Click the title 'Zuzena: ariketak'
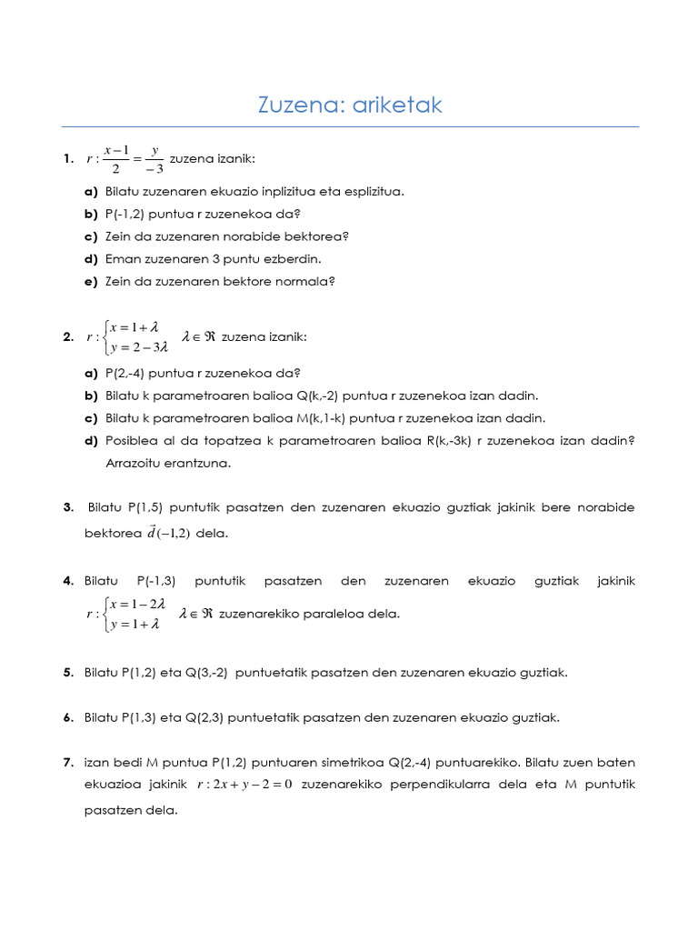(350, 105)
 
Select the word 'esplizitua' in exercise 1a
(372, 192)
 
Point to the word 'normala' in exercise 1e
(306, 282)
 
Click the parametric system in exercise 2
(127, 337)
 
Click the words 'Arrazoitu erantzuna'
(169, 463)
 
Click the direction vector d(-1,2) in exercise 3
(169, 533)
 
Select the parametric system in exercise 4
(127, 615)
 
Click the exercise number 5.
(68, 673)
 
